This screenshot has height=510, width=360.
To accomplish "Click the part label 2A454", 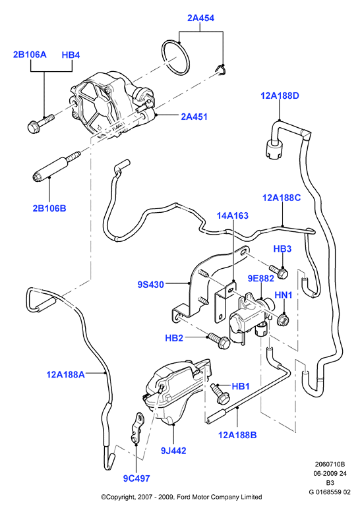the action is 200,18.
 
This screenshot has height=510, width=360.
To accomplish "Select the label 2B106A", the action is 30,54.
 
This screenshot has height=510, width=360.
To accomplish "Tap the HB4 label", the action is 71,55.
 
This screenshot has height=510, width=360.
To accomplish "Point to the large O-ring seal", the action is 175,57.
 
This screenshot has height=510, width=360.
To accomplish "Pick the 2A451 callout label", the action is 194,117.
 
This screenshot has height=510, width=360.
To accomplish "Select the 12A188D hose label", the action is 280,96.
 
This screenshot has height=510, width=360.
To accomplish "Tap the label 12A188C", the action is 282,198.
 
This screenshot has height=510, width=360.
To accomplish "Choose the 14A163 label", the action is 233,215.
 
